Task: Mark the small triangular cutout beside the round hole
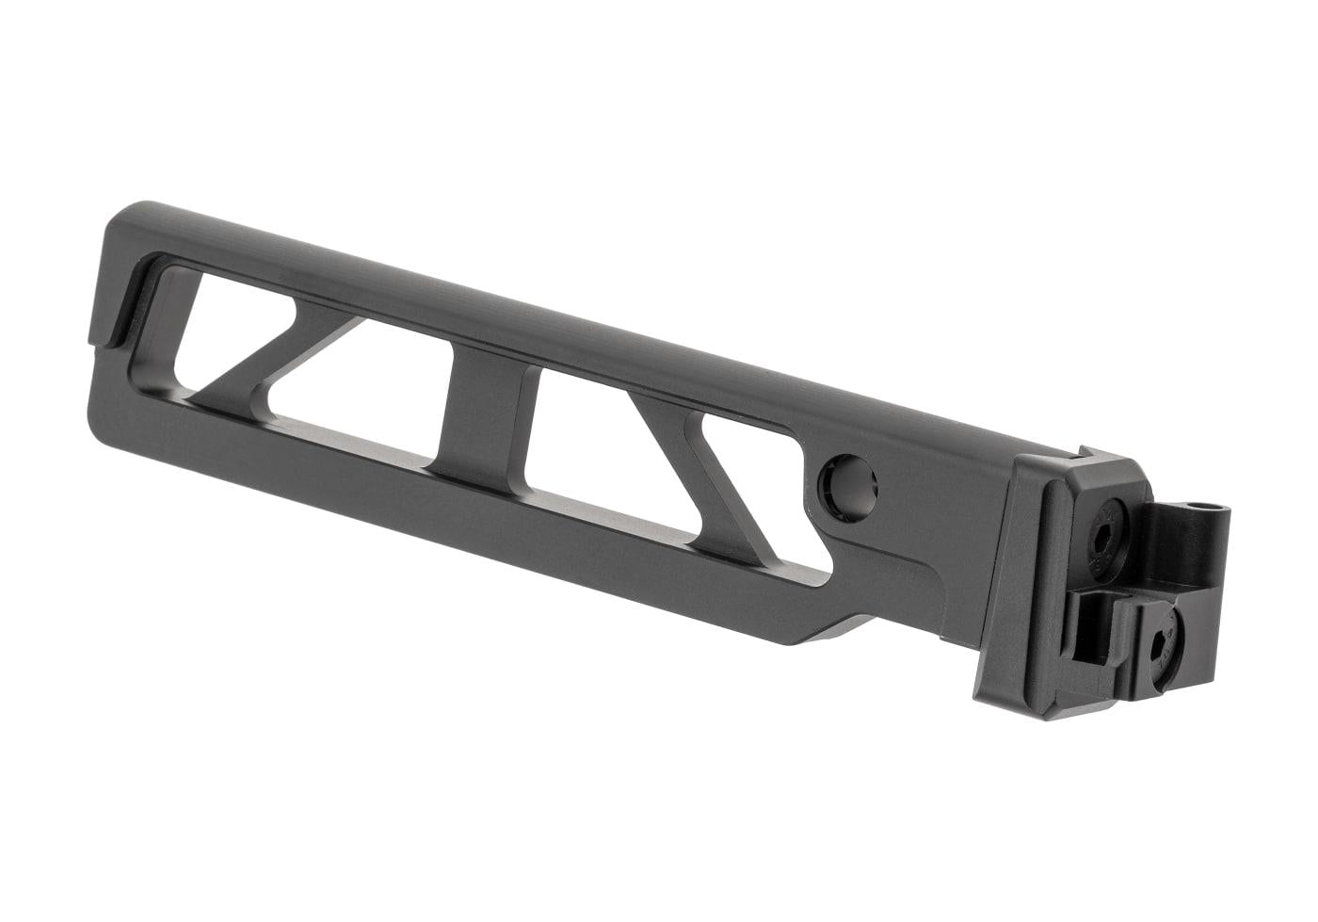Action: point(753,490)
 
